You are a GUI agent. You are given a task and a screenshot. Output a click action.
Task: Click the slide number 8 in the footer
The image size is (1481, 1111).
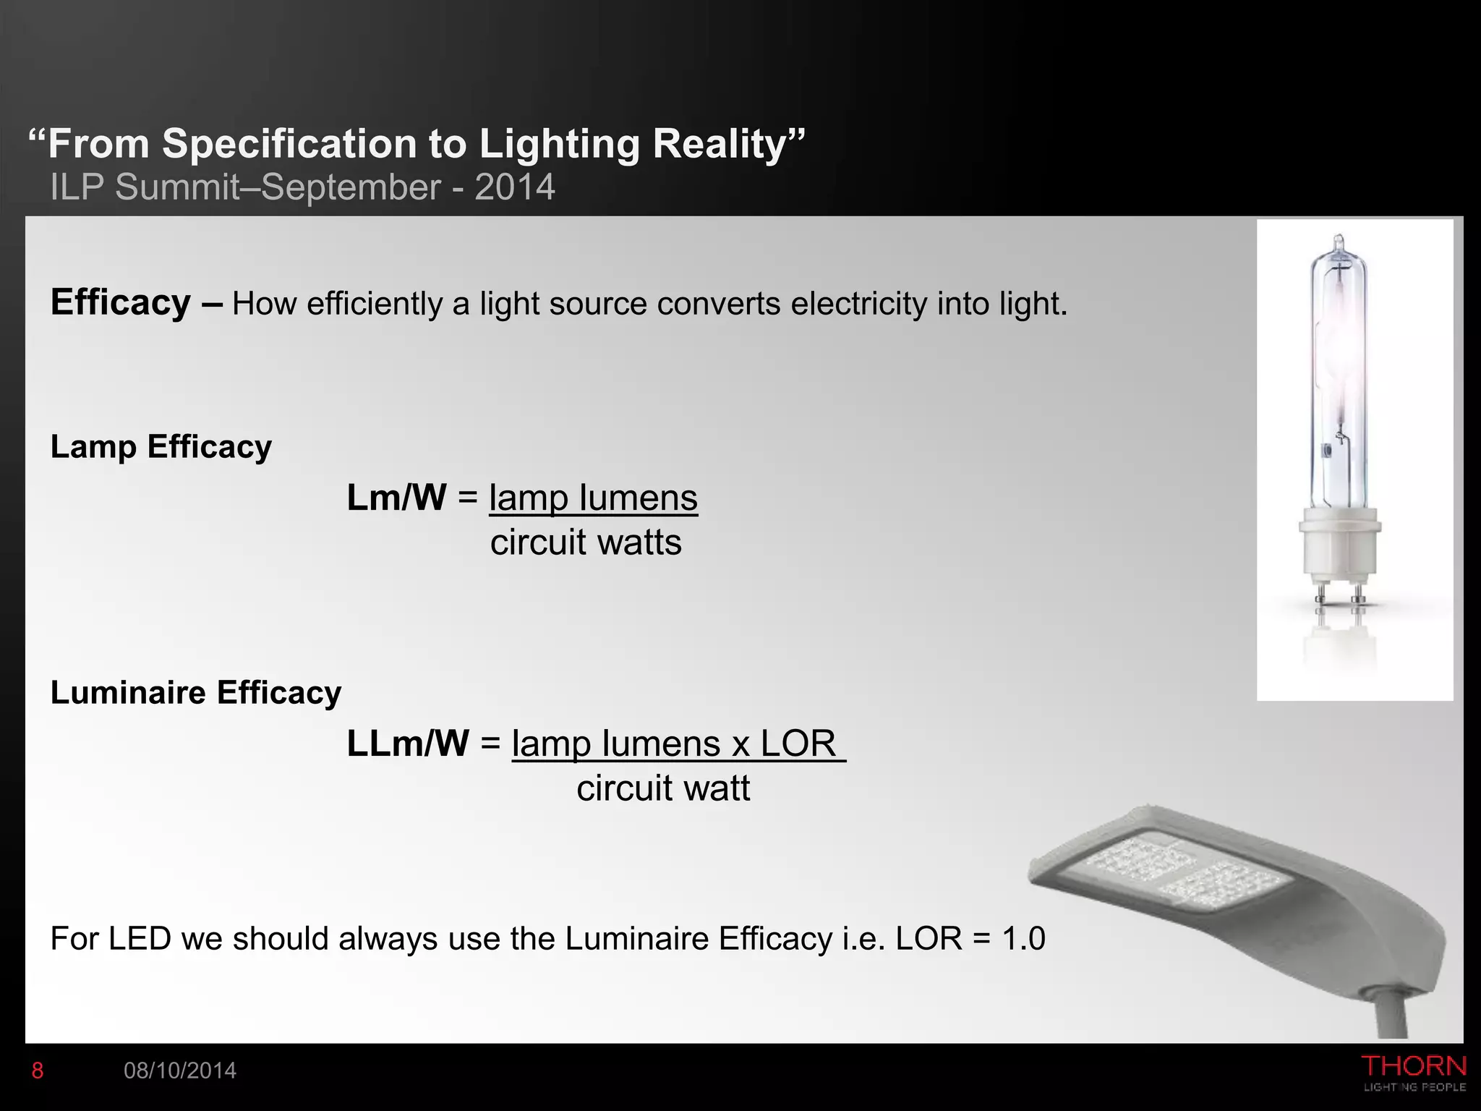click(x=38, y=1071)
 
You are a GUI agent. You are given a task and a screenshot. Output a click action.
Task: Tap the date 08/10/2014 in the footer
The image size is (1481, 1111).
click(x=180, y=1071)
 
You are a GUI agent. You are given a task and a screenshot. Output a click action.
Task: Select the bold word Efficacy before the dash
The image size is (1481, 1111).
click(x=120, y=302)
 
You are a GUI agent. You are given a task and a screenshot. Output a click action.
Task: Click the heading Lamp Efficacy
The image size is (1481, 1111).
click(x=161, y=447)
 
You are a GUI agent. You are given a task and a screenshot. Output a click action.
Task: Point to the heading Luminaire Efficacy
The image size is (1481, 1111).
click(x=196, y=693)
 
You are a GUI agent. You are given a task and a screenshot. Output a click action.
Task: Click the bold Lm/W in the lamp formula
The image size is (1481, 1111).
click(x=396, y=498)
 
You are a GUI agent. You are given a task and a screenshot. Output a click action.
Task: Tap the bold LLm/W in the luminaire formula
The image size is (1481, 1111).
click(x=408, y=744)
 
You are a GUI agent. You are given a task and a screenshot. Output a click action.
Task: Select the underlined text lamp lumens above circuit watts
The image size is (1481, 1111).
click(x=593, y=498)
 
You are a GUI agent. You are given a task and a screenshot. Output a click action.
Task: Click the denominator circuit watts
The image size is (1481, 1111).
click(x=586, y=542)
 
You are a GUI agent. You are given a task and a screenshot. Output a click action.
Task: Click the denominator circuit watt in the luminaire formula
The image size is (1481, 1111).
click(x=663, y=788)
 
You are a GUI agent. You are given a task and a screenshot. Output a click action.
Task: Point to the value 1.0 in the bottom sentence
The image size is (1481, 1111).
click(x=1023, y=939)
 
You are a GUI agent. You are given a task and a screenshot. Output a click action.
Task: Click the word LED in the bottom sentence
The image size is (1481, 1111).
click(x=140, y=939)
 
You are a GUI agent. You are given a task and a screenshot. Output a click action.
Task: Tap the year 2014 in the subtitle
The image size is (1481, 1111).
click(x=515, y=187)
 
